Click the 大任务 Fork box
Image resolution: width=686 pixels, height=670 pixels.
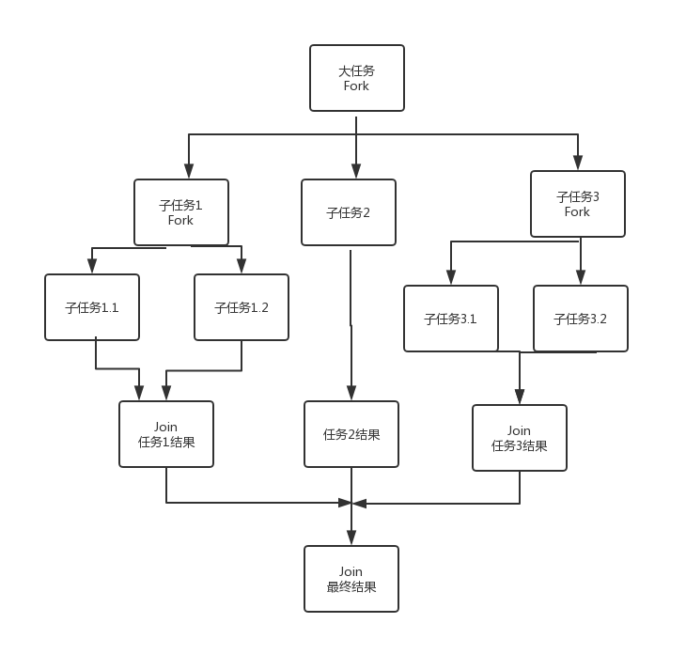point(357,78)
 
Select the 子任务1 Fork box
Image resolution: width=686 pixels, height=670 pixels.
point(181,212)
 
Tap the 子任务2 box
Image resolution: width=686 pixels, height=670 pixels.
point(349,212)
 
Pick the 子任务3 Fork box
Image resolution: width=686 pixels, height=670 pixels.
point(578,204)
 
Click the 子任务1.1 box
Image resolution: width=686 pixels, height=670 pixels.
point(92,307)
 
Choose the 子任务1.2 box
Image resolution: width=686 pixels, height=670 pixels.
point(242,307)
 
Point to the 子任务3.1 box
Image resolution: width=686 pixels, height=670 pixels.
point(451,319)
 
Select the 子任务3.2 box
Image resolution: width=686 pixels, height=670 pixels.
point(581,319)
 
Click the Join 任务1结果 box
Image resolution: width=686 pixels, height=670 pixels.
point(166,434)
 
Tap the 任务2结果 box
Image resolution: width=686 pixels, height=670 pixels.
point(351,434)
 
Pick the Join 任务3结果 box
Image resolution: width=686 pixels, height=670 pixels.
point(520,438)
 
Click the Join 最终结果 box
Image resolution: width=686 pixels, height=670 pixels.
point(351,579)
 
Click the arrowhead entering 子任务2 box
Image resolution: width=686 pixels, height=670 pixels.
point(356,171)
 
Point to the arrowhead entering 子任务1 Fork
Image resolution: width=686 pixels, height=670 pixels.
point(189,171)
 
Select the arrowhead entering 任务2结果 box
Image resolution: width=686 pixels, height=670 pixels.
point(351,393)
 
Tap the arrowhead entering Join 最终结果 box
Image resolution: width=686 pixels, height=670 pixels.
point(351,538)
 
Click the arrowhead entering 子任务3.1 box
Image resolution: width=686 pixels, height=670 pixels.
point(451,277)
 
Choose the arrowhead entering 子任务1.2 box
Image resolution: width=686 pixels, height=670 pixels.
point(242,266)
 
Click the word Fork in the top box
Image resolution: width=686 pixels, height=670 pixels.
point(357,86)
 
